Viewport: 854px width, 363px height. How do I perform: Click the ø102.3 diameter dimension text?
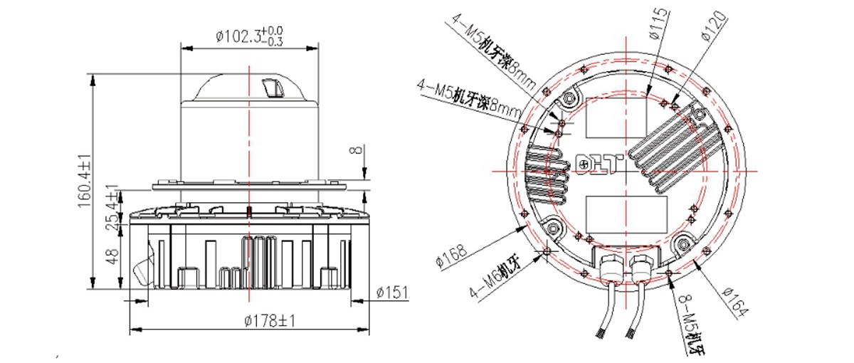[x=249, y=36]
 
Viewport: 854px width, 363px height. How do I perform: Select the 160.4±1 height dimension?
[x=85, y=181]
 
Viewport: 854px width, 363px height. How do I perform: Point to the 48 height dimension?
[x=113, y=257]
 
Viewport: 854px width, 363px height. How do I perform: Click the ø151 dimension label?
[x=392, y=293]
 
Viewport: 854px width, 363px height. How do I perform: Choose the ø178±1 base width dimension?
[x=270, y=321]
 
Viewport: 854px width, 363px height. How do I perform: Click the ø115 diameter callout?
[x=659, y=23]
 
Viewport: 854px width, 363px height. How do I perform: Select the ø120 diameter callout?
[x=712, y=25]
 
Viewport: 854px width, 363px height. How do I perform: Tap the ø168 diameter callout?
[x=451, y=257]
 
